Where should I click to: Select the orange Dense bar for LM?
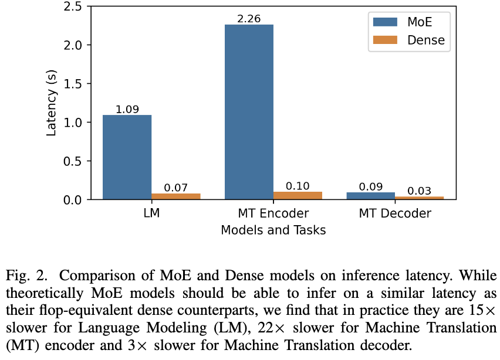[175, 196]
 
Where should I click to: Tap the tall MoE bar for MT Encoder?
[249, 112]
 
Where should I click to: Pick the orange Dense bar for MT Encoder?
[298, 196]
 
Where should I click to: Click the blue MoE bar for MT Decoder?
[370, 196]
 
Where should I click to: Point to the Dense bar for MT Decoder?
[419, 198]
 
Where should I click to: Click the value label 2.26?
[249, 19]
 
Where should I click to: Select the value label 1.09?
[127, 110]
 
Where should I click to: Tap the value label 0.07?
[175, 188]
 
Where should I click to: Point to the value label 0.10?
[298, 186]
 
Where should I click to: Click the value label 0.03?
[419, 191]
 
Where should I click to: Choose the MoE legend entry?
[405, 22]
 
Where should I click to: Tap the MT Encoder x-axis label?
[273, 213]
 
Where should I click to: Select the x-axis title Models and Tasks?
[273, 230]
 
